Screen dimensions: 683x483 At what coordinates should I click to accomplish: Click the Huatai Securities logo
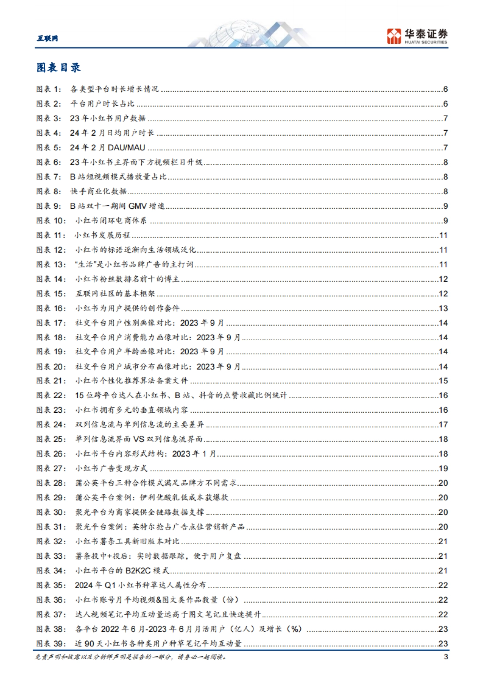pyautogui.click(x=417, y=36)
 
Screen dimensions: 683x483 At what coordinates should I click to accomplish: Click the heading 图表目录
pyautogui.click(x=58, y=68)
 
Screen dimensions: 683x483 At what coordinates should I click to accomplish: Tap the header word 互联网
pyautogui.click(x=47, y=38)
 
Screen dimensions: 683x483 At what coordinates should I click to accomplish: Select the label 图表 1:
pyautogui.click(x=49, y=89)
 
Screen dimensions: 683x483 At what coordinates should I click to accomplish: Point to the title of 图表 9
pyautogui.click(x=117, y=206)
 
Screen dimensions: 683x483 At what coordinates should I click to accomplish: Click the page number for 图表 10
pyautogui.click(x=445, y=221)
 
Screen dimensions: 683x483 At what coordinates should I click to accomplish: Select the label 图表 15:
pyautogui.click(x=51, y=294)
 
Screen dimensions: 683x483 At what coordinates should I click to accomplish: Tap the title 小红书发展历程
pyautogui.click(x=103, y=235)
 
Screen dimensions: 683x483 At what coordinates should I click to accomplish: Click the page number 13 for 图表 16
pyautogui.click(x=443, y=309)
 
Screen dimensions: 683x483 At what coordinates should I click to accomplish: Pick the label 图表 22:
pyautogui.click(x=51, y=395)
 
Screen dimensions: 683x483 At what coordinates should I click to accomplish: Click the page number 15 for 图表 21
pyautogui.click(x=443, y=381)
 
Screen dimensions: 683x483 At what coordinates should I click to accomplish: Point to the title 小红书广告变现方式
pyautogui.click(x=111, y=469)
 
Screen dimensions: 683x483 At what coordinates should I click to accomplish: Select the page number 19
pyautogui.click(x=443, y=469)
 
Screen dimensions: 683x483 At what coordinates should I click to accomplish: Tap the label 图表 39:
pyautogui.click(x=51, y=644)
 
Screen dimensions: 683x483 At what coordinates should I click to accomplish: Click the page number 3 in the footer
pyautogui.click(x=446, y=657)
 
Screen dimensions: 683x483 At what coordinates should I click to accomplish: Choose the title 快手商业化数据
pyautogui.click(x=99, y=191)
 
